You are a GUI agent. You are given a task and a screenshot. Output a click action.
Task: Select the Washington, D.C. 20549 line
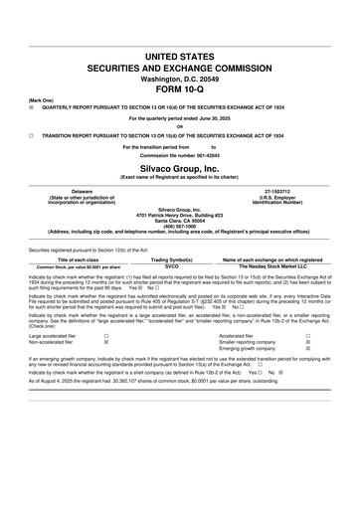(x=180, y=72)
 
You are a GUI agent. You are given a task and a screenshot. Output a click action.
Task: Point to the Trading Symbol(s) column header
(x=171, y=259)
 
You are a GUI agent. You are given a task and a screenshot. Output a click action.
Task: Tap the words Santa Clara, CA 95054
(x=180, y=220)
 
